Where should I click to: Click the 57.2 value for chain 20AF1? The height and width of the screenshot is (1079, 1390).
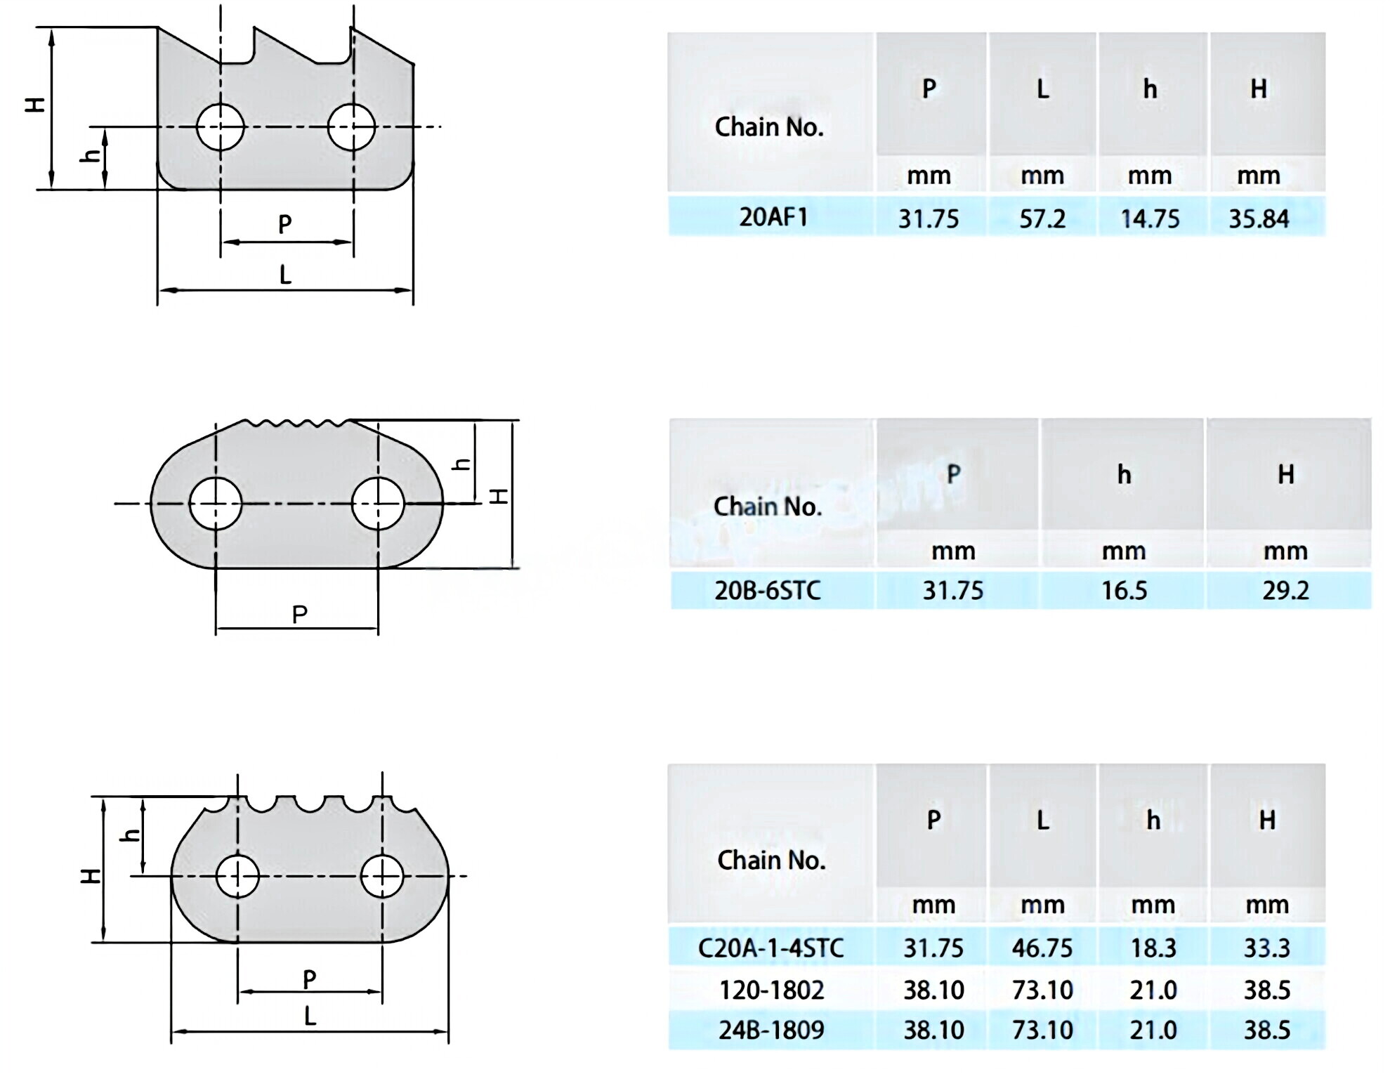(x=1042, y=218)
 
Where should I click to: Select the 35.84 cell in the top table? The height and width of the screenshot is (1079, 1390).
(x=1259, y=218)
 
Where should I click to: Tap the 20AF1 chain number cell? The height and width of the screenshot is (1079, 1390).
(x=773, y=217)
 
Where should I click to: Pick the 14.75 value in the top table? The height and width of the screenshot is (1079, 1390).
(x=1150, y=218)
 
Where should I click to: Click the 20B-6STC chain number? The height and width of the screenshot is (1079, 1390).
(x=768, y=590)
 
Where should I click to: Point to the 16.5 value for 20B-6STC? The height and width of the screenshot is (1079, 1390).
(x=1124, y=590)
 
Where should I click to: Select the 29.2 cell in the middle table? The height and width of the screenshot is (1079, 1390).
(x=1285, y=590)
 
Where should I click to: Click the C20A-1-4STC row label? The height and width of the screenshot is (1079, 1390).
(x=771, y=948)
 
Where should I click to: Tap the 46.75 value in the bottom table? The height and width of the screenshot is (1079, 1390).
(x=1042, y=948)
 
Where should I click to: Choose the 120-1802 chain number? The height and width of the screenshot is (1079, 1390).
(x=771, y=990)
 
